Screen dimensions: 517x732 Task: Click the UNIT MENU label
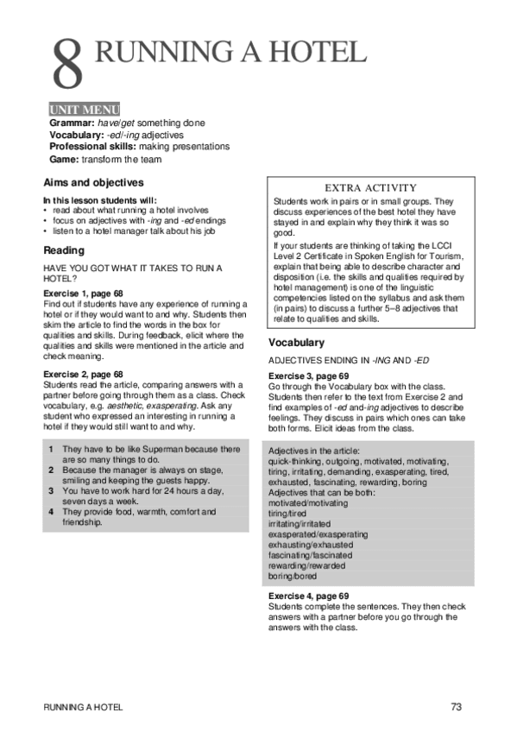(84, 110)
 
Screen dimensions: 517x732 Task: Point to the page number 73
(457, 707)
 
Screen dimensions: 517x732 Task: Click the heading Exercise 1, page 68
(83, 294)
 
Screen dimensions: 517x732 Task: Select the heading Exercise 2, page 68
(83, 374)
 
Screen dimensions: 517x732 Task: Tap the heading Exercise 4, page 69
(308, 596)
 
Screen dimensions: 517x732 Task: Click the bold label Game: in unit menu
(65, 159)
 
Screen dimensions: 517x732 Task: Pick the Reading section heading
(64, 251)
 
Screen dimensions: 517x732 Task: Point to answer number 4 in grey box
(52, 512)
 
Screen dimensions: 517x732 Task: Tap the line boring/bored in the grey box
(293, 576)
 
